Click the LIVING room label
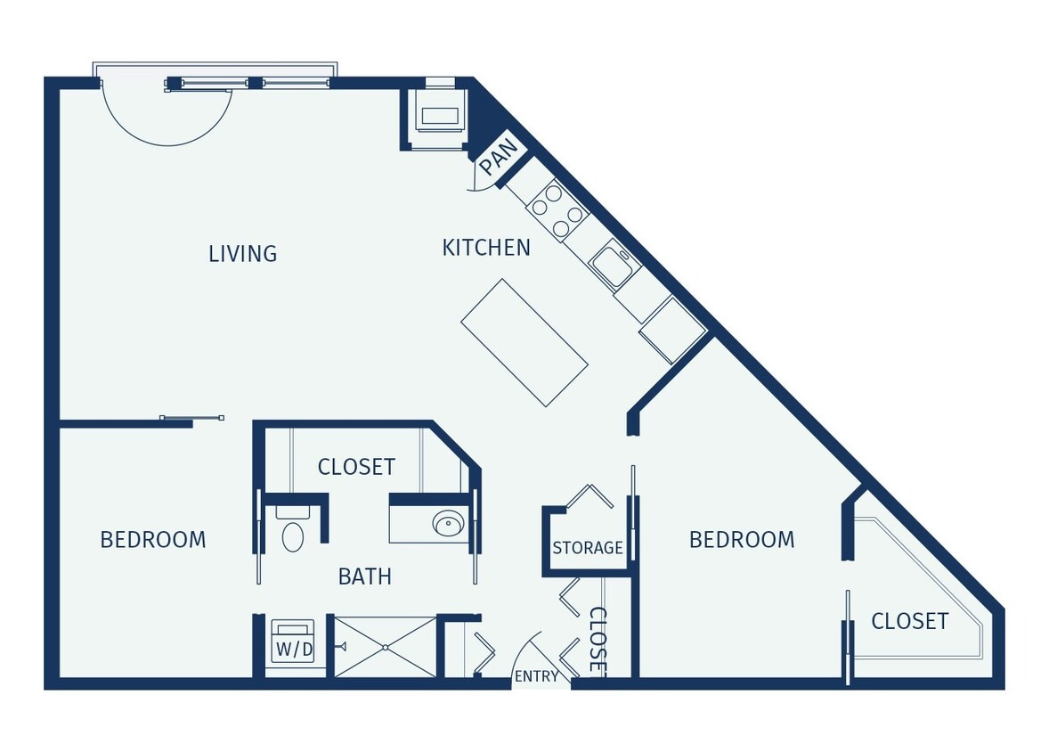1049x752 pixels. (242, 254)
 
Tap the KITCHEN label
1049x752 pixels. (486, 248)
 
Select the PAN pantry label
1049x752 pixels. (498, 157)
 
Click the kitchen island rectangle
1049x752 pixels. (524, 342)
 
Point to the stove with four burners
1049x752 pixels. (557, 210)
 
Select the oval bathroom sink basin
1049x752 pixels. (448, 524)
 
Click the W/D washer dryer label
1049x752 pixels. (294, 650)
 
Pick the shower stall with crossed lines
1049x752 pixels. (385, 647)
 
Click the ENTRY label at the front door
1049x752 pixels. (536, 676)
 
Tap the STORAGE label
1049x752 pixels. (588, 548)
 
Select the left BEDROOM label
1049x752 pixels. (152, 540)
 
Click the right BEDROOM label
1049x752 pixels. (742, 540)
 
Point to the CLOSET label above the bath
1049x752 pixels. (356, 467)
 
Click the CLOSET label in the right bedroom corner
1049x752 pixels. (909, 621)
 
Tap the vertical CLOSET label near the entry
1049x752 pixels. (598, 640)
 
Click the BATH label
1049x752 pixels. (365, 576)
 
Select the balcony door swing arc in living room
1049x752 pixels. (167, 120)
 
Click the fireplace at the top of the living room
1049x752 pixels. (440, 117)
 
